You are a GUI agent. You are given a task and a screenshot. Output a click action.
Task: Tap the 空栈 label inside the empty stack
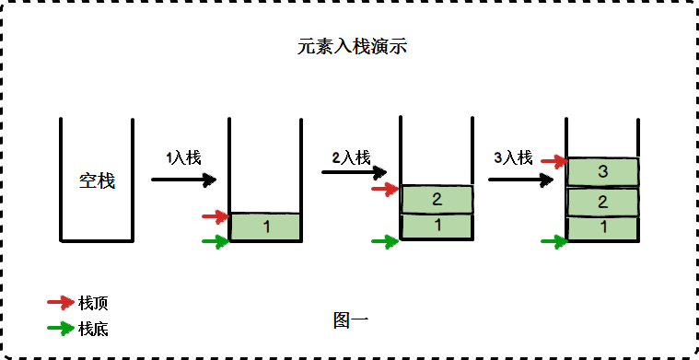point(97,180)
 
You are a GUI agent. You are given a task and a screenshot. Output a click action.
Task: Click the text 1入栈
point(183,157)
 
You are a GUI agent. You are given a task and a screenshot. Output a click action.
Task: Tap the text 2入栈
point(351,157)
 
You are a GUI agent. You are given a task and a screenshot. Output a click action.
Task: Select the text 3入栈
point(513,158)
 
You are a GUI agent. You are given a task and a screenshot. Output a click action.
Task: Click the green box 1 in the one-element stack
point(265,226)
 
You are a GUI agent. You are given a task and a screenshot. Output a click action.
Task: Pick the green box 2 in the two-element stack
point(437,199)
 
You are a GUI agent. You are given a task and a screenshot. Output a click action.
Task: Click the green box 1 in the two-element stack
point(437,225)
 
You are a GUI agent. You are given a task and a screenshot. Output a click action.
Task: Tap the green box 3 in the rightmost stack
point(602,171)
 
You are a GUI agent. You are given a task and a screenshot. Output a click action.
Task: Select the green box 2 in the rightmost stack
point(602,202)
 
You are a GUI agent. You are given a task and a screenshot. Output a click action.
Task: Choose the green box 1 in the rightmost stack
point(602,226)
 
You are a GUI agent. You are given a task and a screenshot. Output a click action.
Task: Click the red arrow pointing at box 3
point(553,161)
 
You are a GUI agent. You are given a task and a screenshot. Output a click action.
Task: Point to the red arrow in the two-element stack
point(384,189)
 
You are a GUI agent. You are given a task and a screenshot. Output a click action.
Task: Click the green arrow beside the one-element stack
point(215,242)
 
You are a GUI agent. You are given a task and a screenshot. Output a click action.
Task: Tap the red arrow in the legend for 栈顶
point(61,302)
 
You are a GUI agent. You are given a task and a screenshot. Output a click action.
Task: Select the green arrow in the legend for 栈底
point(61,327)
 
